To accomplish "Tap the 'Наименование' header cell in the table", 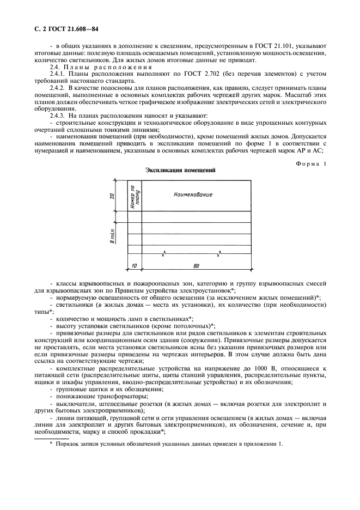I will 192,195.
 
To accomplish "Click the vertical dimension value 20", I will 111,196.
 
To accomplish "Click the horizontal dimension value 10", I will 133,266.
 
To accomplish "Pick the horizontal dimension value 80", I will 196,266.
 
